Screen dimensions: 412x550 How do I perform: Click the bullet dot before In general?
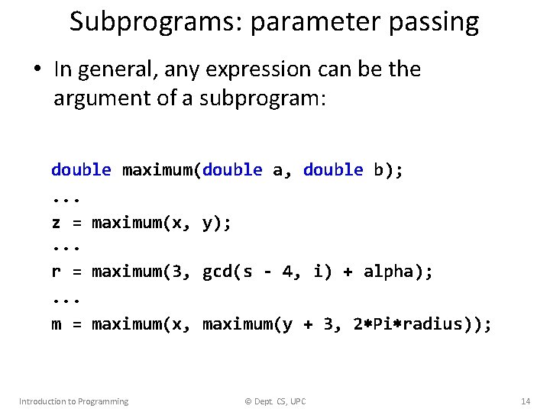(36, 70)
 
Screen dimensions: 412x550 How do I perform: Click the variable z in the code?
(56, 222)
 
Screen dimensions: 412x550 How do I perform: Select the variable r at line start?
(56, 272)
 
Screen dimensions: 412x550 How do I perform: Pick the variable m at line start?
(56, 324)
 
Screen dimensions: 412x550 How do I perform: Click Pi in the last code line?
(384, 324)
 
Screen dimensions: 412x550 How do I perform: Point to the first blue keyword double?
(81, 169)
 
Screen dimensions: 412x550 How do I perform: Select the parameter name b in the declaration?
(379, 169)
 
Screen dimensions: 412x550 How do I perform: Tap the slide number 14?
(525, 401)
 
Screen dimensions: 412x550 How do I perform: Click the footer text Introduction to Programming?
(73, 401)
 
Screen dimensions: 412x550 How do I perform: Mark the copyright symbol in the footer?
(247, 401)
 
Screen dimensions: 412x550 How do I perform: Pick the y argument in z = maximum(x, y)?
(207, 224)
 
